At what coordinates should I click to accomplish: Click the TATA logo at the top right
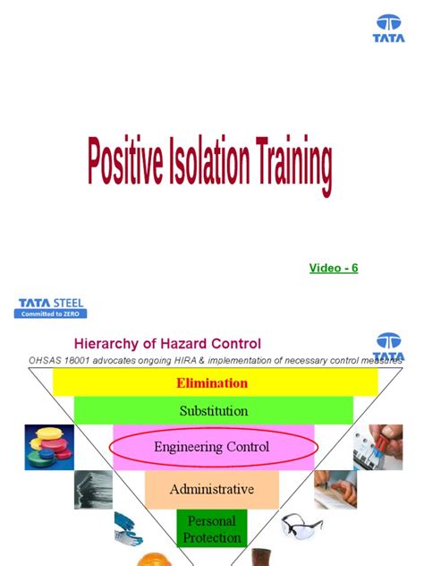click(x=389, y=28)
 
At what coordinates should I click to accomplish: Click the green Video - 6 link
click(x=334, y=268)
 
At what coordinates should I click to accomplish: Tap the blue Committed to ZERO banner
click(x=52, y=314)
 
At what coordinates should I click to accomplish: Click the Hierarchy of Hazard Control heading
click(x=166, y=343)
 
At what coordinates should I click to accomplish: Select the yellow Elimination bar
click(x=212, y=382)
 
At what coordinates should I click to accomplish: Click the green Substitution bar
click(x=212, y=411)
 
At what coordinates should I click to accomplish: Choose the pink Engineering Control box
click(x=212, y=446)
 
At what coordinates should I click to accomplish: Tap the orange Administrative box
click(x=212, y=490)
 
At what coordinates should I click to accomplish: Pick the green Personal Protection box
click(x=211, y=528)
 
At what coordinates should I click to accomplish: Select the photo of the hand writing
click(x=334, y=489)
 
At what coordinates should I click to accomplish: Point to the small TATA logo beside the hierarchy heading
click(x=389, y=347)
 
